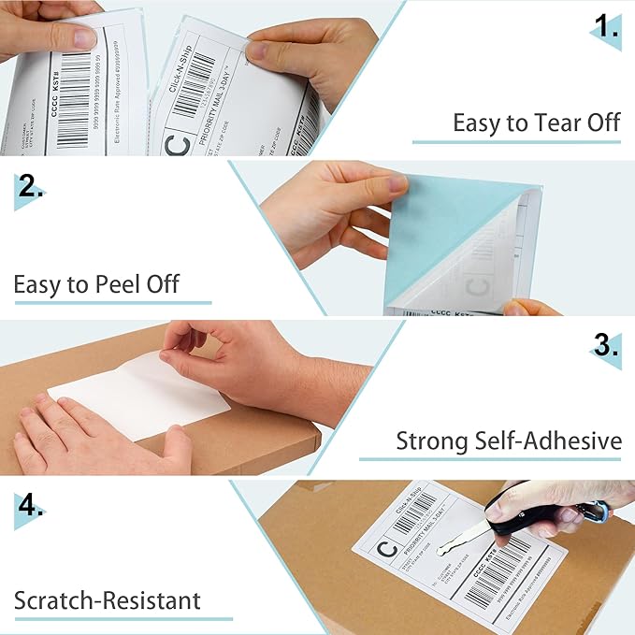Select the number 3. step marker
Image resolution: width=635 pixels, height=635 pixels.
coord(607,346)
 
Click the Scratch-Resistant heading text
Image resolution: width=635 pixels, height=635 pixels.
coord(108,599)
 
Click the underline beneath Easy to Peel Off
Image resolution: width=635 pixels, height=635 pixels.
coord(112,302)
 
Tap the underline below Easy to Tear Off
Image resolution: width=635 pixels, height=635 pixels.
coord(517,142)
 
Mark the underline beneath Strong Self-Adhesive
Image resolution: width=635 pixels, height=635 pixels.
coord(491,459)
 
